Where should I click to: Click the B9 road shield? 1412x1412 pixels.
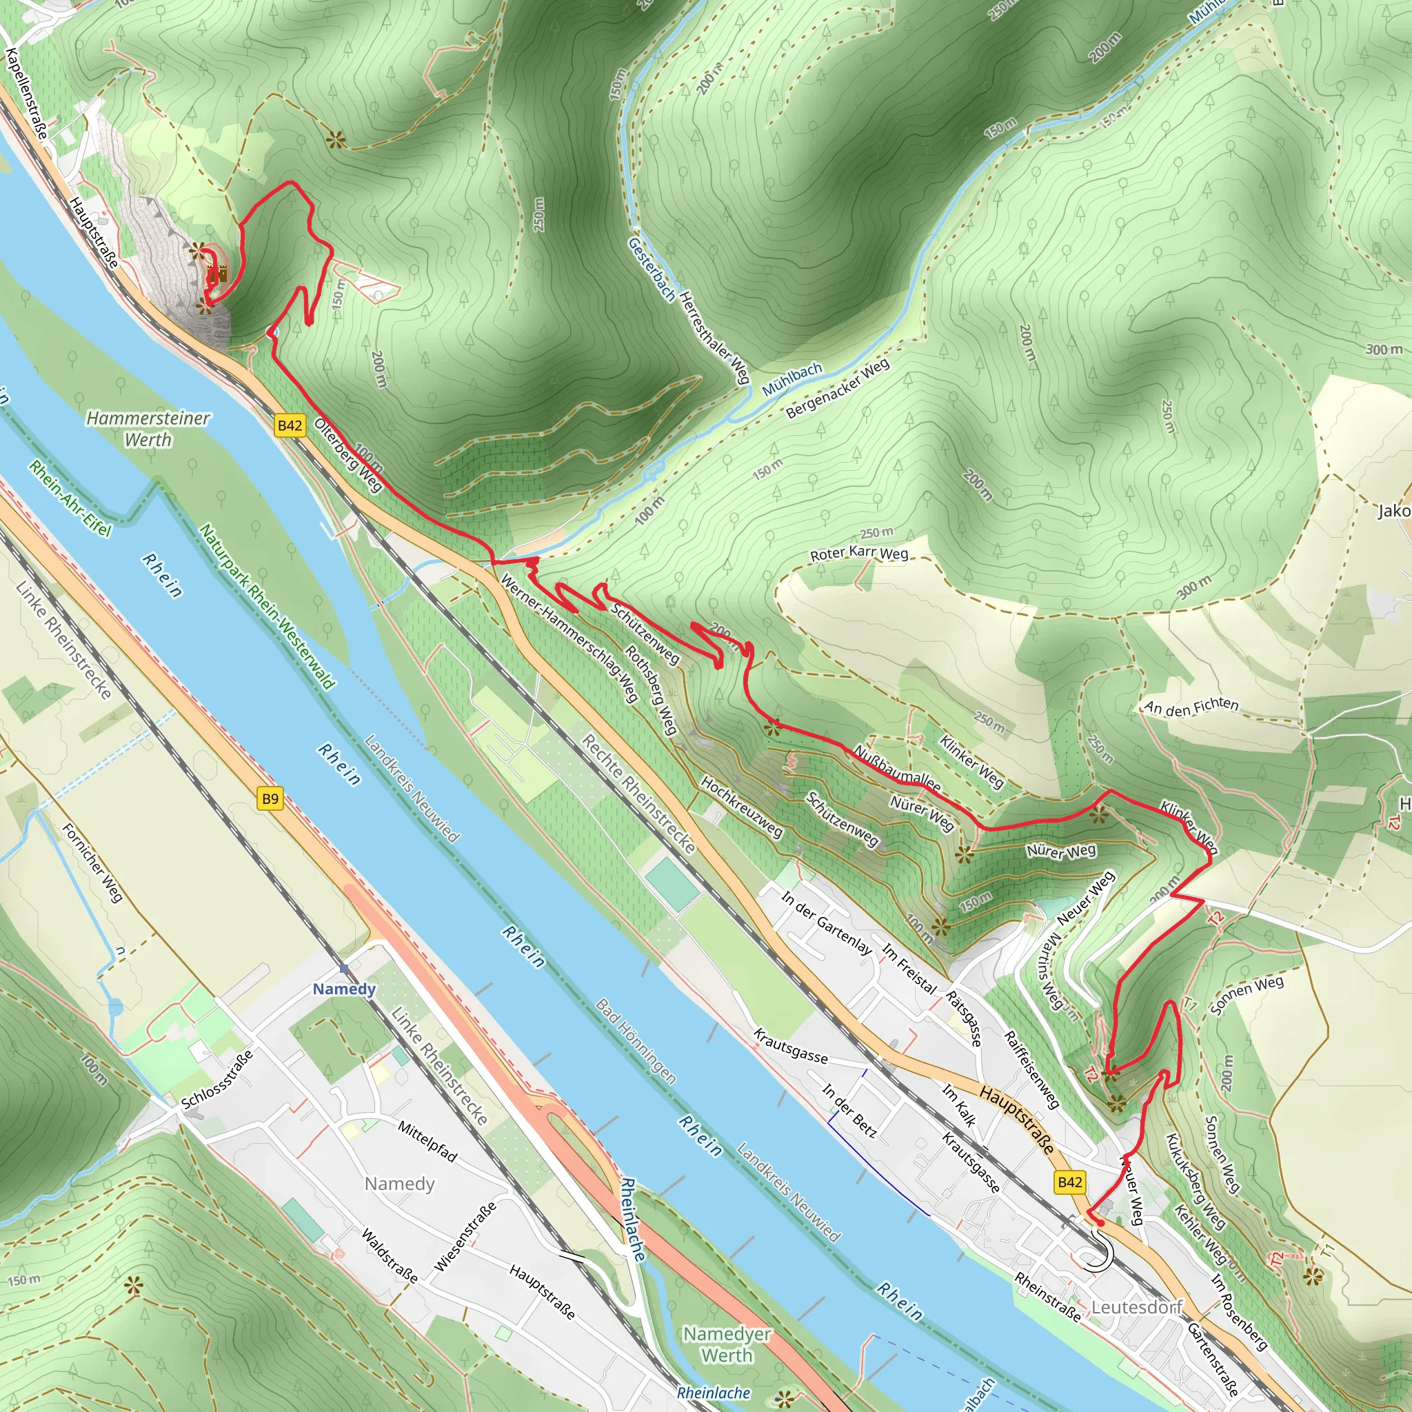(270, 799)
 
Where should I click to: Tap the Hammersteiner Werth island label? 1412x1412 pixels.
(148, 429)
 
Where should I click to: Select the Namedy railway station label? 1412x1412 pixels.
(344, 989)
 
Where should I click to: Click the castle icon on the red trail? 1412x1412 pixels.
(218, 275)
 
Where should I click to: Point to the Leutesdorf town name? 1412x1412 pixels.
(1136, 1307)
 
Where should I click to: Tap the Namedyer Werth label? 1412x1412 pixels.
(727, 1344)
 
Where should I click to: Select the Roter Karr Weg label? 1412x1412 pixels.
(859, 554)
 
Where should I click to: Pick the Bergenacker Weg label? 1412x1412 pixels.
(838, 389)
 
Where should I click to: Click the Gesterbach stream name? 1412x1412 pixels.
(651, 268)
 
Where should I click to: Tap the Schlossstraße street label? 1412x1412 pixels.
(218, 1079)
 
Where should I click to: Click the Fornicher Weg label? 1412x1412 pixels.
(92, 863)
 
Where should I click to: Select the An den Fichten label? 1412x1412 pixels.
(1191, 706)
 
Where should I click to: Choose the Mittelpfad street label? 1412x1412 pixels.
(427, 1141)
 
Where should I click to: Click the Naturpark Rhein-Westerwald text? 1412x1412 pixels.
(268, 607)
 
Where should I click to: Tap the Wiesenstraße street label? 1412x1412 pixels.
(465, 1236)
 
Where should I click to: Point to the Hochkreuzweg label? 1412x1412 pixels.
(741, 806)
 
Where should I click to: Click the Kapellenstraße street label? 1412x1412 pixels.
(27, 94)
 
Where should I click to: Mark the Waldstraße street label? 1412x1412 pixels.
(390, 1255)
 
